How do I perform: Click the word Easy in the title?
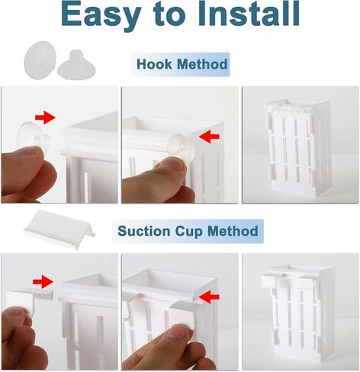click(x=101, y=14)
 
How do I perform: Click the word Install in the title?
click(x=249, y=13)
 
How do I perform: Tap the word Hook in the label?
click(x=154, y=64)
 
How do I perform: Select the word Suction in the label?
click(x=144, y=231)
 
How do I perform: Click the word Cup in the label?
click(x=189, y=232)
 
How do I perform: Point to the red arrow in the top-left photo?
click(x=45, y=117)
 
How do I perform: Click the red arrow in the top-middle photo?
click(x=209, y=136)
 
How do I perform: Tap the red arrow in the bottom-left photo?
click(x=43, y=282)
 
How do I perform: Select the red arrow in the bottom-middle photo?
click(x=209, y=297)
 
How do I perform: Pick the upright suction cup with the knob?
click(x=76, y=66)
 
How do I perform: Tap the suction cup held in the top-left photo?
click(x=33, y=136)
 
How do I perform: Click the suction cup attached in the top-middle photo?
click(x=181, y=147)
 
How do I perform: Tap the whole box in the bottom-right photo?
click(x=298, y=314)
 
